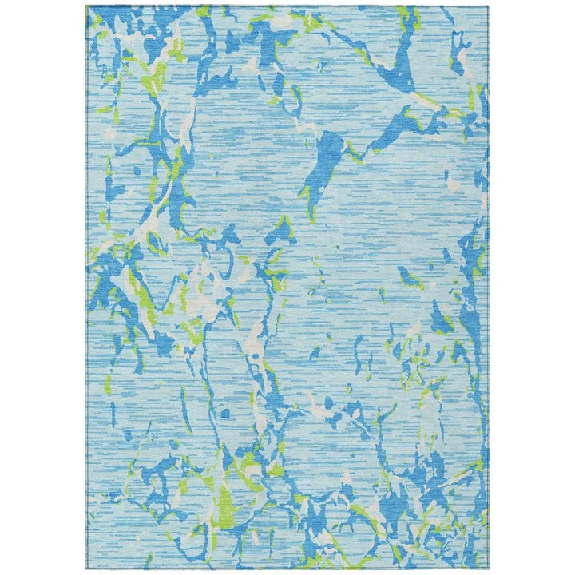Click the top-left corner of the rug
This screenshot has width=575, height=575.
pyautogui.click(x=86, y=6)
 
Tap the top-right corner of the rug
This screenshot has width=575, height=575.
pyautogui.click(x=489, y=6)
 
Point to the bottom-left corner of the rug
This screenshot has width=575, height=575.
pyautogui.click(x=86, y=568)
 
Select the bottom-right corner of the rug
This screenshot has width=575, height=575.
pyautogui.click(x=489, y=568)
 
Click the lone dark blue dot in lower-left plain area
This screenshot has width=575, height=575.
pyautogui.click(x=226, y=414)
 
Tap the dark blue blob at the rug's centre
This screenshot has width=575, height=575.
pyautogui.click(x=281, y=232)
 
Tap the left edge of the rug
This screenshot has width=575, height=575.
pyautogui.click(x=86, y=287)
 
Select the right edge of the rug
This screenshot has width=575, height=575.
pyautogui.click(x=489, y=287)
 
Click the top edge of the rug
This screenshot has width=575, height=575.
pyautogui.click(x=287, y=6)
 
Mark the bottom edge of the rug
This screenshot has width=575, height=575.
pyautogui.click(x=287, y=568)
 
